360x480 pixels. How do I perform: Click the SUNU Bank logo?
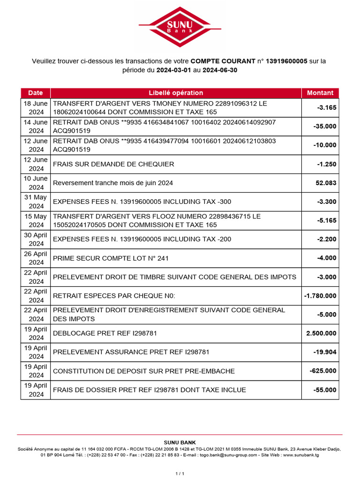pyautogui.click(x=180, y=27)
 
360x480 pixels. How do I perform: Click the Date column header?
pyautogui.click(x=35, y=93)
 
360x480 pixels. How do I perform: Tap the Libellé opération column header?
pyautogui.click(x=176, y=93)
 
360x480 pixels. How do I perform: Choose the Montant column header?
pyautogui.click(x=320, y=93)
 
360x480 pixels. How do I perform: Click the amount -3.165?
pyautogui.click(x=326, y=108)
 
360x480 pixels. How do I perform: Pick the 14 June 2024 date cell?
pyautogui.click(x=36, y=127)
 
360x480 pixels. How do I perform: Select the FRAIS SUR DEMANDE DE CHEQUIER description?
pyautogui.click(x=113, y=164)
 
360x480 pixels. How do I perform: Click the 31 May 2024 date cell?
pyautogui.click(x=36, y=202)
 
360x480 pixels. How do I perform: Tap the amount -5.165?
pyautogui.click(x=326, y=220)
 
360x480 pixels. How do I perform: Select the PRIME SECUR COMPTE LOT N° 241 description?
pyautogui.click(x=111, y=258)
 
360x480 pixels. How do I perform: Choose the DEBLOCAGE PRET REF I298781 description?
pyautogui.click(x=105, y=333)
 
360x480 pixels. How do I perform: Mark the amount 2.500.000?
pyautogui.click(x=322, y=333)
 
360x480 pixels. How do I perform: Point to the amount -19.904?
pyautogui.click(x=325, y=352)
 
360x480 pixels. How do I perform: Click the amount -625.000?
pyautogui.click(x=323, y=371)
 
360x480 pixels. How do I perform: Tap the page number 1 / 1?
pyautogui.click(x=180, y=474)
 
